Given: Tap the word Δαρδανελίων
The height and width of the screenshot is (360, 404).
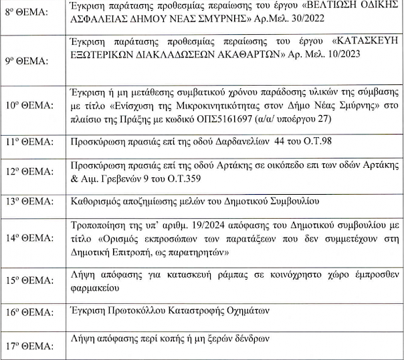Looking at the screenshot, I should pyautogui.click(x=239, y=142).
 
